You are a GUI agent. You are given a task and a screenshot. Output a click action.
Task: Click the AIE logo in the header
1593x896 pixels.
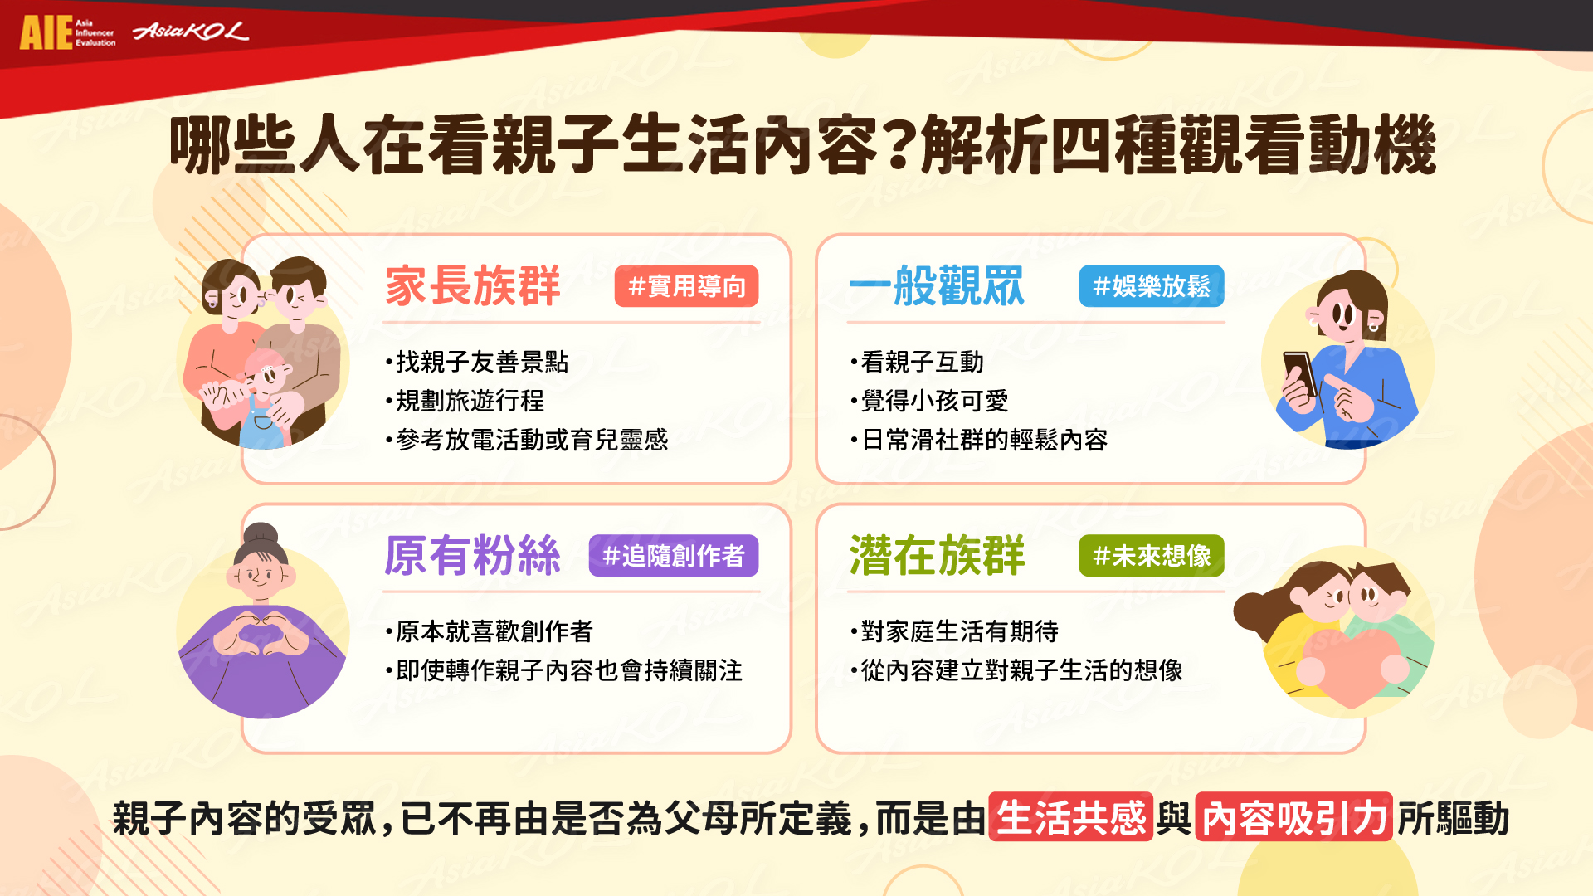tap(67, 33)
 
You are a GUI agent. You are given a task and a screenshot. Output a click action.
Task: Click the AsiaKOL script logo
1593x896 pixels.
tap(190, 32)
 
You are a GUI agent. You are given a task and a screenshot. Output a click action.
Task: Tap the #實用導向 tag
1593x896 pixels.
tap(686, 286)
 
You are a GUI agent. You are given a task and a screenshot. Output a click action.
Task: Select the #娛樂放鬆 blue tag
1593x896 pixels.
tap(1152, 286)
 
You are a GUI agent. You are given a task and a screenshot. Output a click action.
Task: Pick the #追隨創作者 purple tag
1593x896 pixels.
tap(674, 555)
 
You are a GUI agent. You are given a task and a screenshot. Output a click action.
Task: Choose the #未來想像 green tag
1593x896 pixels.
tap(1152, 555)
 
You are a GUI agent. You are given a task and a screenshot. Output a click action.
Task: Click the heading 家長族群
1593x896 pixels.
tap(473, 286)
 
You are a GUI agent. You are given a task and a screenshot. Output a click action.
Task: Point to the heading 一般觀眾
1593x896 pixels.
tap(937, 286)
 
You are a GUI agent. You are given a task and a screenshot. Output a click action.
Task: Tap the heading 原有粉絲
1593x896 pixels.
tap(473, 555)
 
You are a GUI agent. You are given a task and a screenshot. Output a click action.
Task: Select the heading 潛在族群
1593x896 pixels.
tap(937, 555)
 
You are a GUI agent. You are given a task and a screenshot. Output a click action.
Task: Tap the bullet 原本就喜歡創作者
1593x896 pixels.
tap(490, 631)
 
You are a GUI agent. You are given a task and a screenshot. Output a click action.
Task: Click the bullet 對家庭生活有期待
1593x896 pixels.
tap(954, 631)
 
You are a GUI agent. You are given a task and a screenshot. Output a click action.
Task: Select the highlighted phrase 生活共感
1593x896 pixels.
tap(1070, 817)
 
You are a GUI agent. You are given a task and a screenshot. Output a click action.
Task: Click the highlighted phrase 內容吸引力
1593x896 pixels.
tap(1294, 817)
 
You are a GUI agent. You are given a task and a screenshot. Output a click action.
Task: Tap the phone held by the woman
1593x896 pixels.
tap(1299, 373)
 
